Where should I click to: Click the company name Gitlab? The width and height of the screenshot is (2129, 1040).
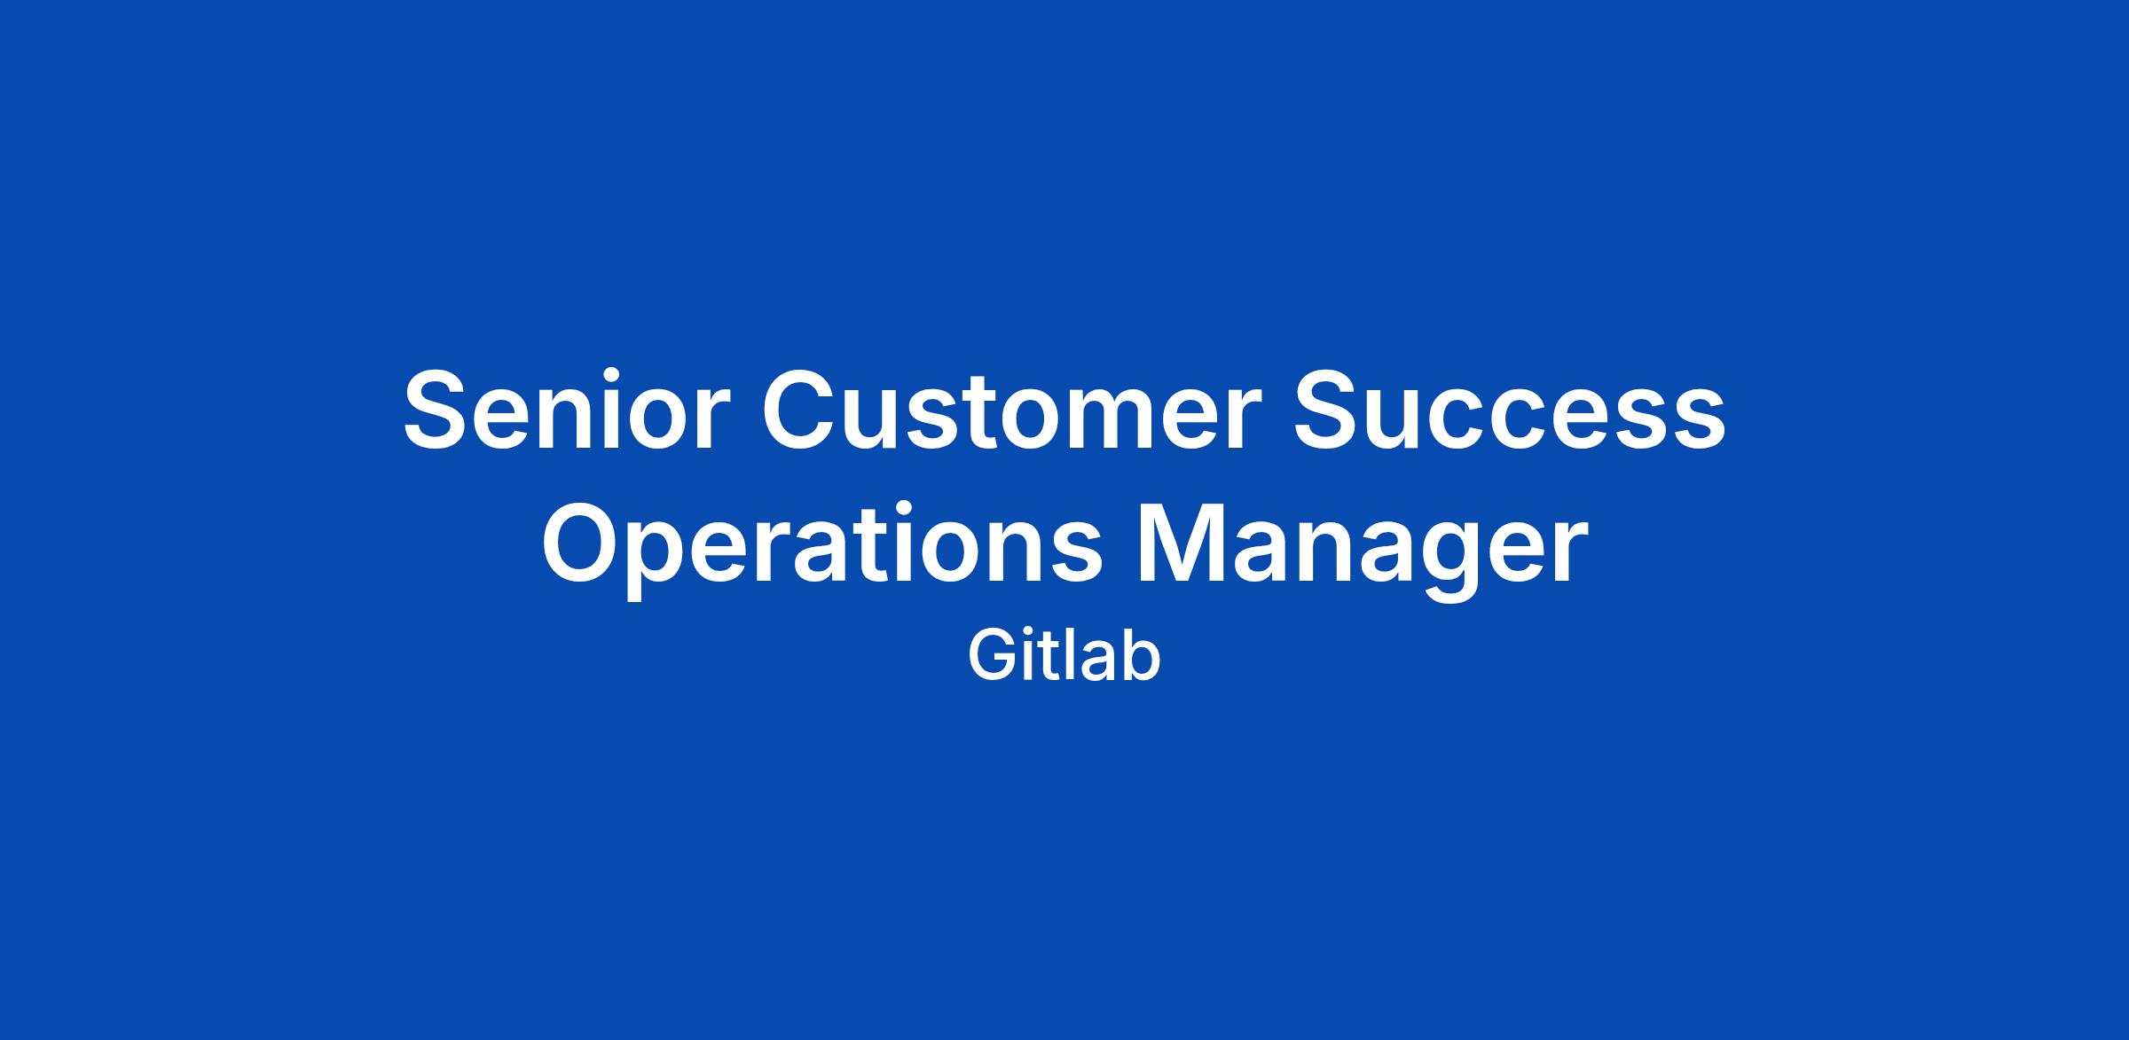click(x=1064, y=657)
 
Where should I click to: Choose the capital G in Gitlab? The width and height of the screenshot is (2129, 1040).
click(x=991, y=657)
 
